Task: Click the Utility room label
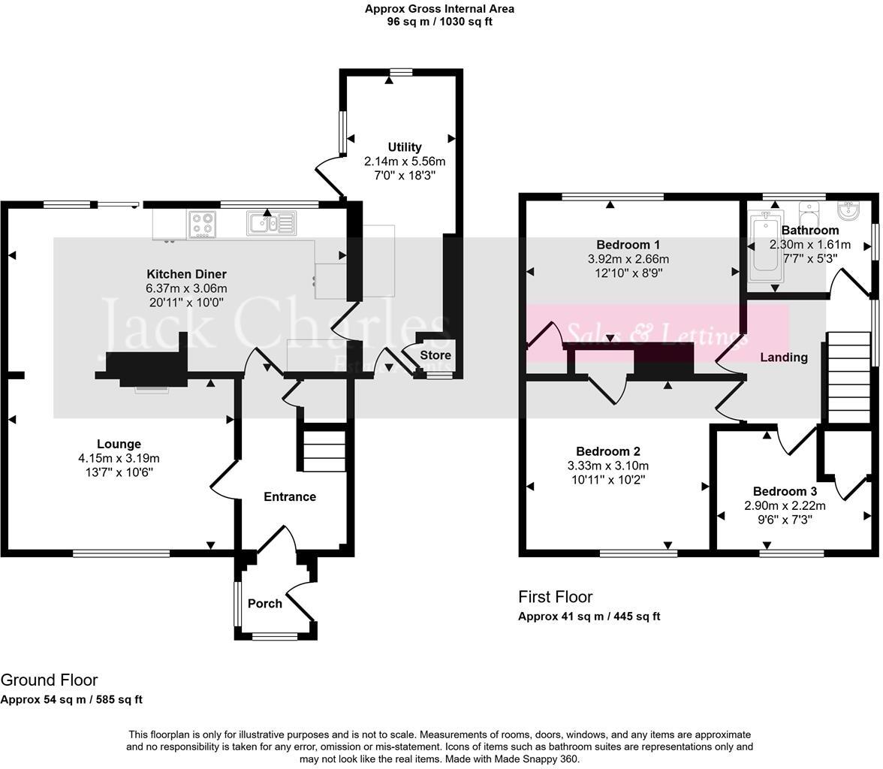click(405, 147)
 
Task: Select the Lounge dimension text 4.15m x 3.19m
click(119, 458)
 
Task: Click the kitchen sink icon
click(271, 223)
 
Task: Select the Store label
click(435, 355)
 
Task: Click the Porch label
click(265, 603)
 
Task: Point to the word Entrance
click(290, 496)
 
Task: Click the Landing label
click(784, 357)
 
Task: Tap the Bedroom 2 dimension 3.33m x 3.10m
click(607, 466)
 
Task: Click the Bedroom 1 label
click(628, 245)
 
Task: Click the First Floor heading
click(555, 597)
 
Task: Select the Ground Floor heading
click(49, 680)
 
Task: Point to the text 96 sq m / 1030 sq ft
click(439, 22)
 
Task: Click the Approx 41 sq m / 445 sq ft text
click(589, 617)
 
